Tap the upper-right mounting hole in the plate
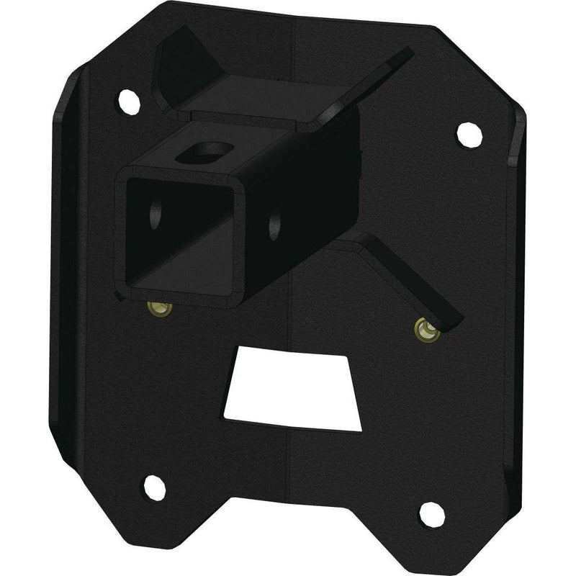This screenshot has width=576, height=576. (465, 132)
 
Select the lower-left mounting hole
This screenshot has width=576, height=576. (153, 488)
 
